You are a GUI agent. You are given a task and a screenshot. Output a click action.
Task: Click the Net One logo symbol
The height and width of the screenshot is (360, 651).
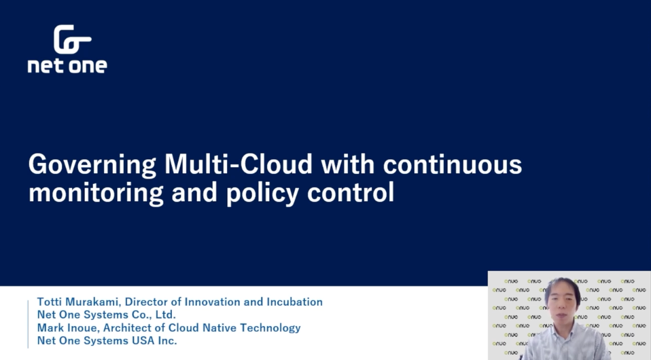coord(72,39)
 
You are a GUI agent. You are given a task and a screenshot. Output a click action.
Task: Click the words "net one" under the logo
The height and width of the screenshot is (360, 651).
coord(67,66)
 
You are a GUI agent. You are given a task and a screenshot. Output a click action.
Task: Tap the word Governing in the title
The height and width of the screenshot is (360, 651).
coord(92,165)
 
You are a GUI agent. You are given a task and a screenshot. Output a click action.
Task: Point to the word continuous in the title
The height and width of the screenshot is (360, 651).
coord(452,164)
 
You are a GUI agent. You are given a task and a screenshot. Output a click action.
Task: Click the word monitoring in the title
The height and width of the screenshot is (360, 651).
coord(96,194)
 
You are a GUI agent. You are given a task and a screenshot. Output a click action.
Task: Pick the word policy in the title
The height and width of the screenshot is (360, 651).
coord(263,194)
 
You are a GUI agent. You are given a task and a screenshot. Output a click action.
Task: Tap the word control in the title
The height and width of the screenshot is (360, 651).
coord(351,192)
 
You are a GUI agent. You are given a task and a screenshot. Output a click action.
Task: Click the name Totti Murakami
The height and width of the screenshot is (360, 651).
coord(77,302)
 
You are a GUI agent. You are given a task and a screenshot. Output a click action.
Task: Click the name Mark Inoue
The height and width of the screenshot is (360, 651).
coord(68,327)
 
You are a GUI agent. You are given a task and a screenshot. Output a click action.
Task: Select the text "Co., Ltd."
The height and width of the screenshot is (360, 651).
coord(154,314)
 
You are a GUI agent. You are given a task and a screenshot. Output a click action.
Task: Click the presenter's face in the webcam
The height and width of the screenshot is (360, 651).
coord(562,305)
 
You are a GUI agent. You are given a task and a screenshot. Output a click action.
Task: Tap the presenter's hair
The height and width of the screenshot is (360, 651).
coord(563,286)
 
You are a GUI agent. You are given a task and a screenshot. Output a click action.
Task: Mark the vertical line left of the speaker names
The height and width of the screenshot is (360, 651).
coord(29,324)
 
